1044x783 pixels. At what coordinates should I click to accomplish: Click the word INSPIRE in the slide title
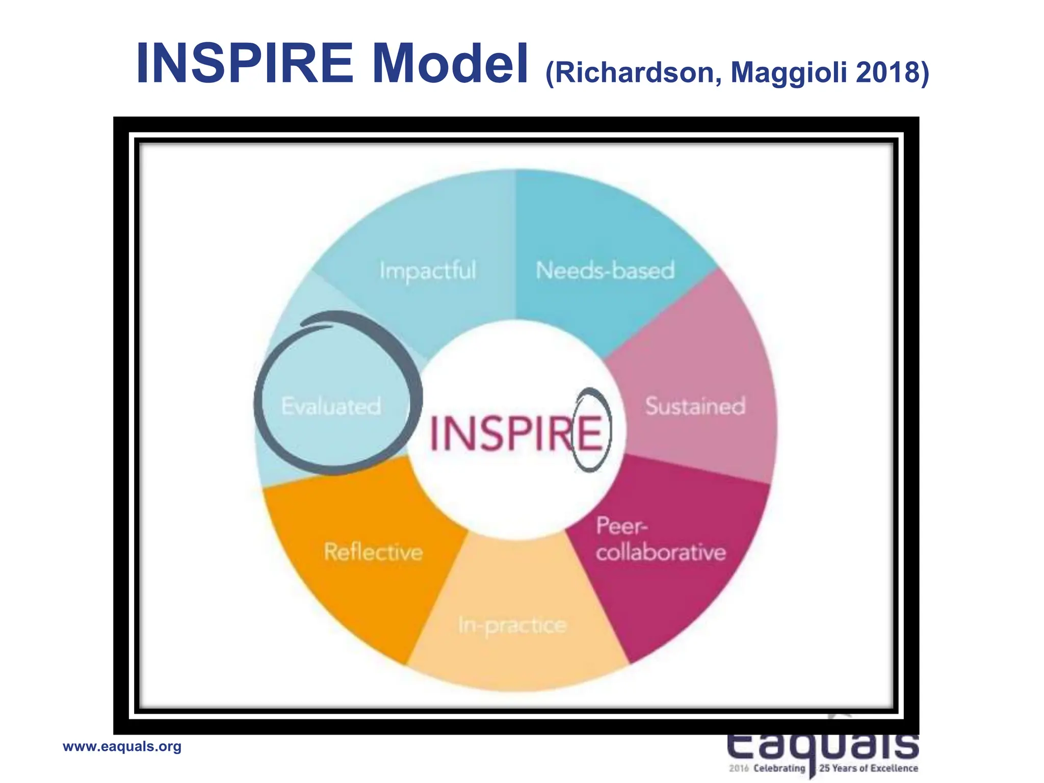pyautogui.click(x=245, y=64)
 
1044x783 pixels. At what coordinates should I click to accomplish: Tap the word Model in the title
pyautogui.click(x=451, y=64)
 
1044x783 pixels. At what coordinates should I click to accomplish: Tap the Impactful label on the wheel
pyautogui.click(x=428, y=271)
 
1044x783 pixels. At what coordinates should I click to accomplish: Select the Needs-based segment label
pyautogui.click(x=605, y=270)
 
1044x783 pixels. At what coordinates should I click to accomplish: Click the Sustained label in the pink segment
pyautogui.click(x=695, y=406)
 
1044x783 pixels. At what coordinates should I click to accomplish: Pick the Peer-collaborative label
pyautogui.click(x=661, y=539)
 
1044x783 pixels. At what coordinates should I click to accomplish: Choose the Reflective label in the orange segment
pyautogui.click(x=373, y=552)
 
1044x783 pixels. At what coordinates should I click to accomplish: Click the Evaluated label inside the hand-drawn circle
pyautogui.click(x=331, y=406)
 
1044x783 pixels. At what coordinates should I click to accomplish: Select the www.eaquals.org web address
pyautogui.click(x=122, y=747)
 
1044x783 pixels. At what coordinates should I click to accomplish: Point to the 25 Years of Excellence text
pyautogui.click(x=869, y=768)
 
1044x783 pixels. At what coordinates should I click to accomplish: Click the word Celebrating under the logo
pyautogui.click(x=779, y=768)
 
